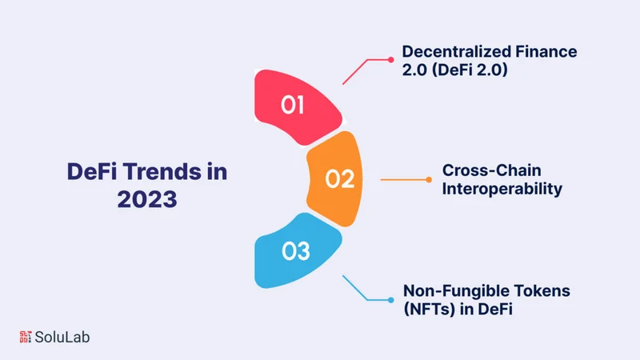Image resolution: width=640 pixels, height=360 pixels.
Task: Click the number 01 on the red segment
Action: click(294, 106)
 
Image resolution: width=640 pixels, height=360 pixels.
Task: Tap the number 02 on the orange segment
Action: click(339, 178)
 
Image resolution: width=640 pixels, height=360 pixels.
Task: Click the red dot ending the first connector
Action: click(390, 59)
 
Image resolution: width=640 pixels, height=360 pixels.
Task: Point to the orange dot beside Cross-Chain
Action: click(431, 179)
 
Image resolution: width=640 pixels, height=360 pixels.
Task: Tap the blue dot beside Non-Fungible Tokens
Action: click(390, 301)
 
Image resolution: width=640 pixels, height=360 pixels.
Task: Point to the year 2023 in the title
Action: click(147, 198)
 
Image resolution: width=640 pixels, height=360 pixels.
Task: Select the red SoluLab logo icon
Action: click(26, 336)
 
